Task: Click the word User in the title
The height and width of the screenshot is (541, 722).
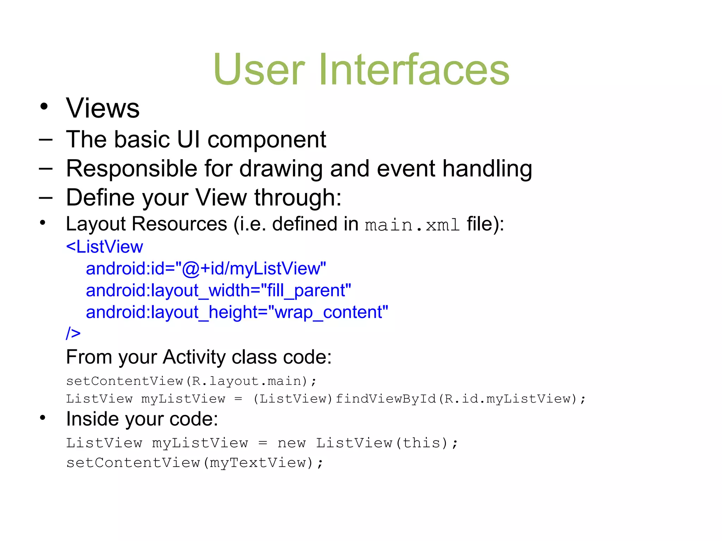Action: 259,69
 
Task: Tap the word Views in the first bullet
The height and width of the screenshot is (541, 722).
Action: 103,108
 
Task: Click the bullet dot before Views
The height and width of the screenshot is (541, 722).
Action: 44,106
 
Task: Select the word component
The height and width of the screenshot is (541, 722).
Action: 267,140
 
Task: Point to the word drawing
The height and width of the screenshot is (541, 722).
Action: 281,169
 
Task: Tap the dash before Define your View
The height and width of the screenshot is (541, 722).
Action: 45,198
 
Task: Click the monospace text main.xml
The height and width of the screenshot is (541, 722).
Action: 412,225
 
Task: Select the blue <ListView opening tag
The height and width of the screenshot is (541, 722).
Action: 104,247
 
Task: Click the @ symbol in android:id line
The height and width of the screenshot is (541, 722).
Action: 191,269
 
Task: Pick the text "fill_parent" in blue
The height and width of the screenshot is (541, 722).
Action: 306,291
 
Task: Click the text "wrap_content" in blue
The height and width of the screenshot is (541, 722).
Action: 328,312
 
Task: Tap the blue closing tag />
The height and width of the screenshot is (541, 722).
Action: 73,333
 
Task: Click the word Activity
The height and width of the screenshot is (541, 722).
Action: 194,357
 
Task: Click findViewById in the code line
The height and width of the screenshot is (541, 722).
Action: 386,399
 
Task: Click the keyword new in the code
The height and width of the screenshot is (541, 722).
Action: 291,443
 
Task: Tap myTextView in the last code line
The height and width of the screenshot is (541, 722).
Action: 258,463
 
